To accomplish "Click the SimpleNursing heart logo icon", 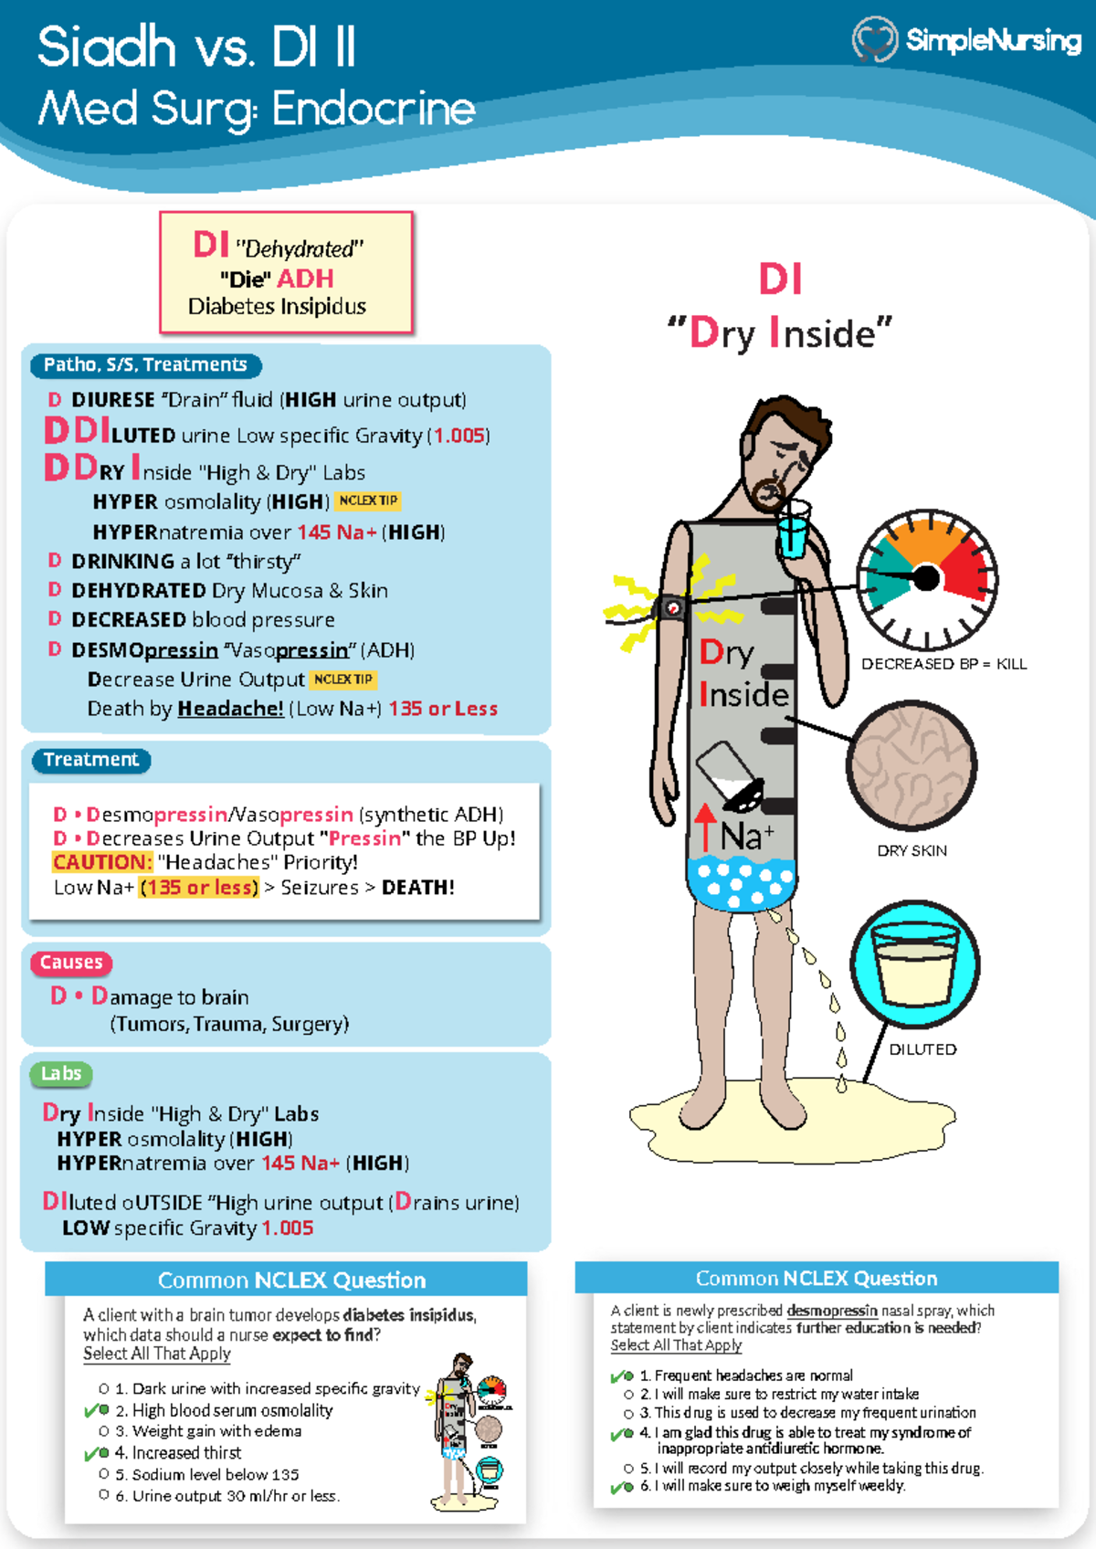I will (x=874, y=39).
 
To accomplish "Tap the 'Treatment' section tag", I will (x=90, y=760).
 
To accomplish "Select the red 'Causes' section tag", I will (x=71, y=963).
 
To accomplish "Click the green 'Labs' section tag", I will (x=61, y=1074).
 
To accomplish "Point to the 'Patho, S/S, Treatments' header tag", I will (x=145, y=365).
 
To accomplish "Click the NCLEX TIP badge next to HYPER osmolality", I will (x=368, y=501).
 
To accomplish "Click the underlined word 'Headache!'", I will (x=230, y=709).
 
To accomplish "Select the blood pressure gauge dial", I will (x=926, y=579).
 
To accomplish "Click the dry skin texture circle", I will (x=912, y=765).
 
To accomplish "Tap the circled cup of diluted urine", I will (x=915, y=964).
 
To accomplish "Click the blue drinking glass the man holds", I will (x=793, y=530).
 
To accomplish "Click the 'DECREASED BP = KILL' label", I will (x=943, y=664).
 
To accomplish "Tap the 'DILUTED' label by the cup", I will (x=922, y=1049).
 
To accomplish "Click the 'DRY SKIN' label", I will (x=912, y=850).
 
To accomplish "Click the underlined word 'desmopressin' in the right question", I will (x=831, y=1311).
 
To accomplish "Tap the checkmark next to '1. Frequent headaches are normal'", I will (x=622, y=1375).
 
